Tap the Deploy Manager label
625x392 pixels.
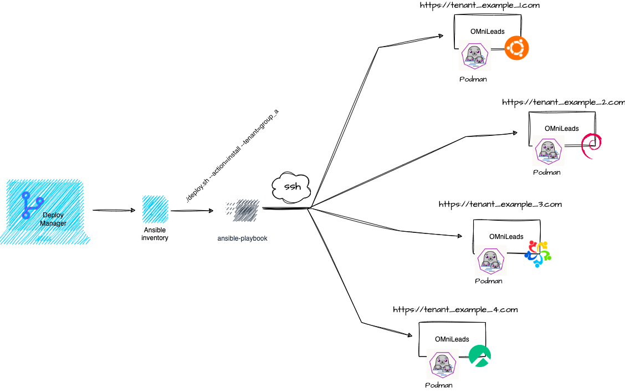(53, 219)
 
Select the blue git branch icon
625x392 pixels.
(32, 205)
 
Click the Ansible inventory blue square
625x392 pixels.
(155, 209)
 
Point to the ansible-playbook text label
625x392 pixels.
(242, 238)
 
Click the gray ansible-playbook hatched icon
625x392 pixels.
(242, 211)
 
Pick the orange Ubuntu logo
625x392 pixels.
(516, 48)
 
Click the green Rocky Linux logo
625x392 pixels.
(479, 357)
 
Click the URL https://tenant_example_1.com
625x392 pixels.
(480, 6)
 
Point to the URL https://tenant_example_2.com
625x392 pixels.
(563, 103)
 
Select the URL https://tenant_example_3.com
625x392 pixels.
(500, 204)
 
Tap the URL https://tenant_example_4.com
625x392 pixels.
(455, 309)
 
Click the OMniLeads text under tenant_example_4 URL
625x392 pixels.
(452, 339)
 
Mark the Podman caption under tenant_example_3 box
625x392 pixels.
(489, 281)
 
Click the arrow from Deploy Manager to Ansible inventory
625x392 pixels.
(113, 210)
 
